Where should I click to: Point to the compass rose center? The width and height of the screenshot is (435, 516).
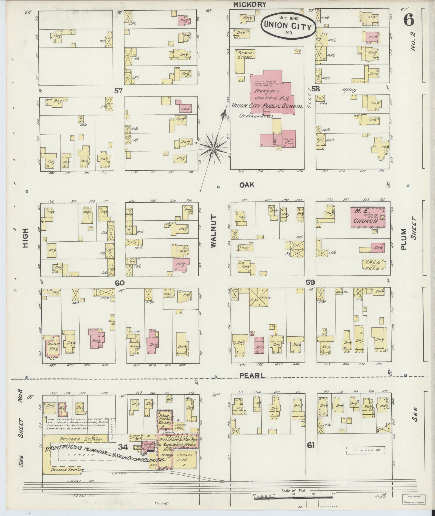coord(213,148)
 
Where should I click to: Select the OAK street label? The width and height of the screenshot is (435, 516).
coord(247,185)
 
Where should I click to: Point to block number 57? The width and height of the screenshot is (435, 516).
coord(119,91)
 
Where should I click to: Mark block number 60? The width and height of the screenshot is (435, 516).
coord(119,283)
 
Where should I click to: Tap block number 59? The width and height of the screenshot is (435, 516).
coord(310,282)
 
